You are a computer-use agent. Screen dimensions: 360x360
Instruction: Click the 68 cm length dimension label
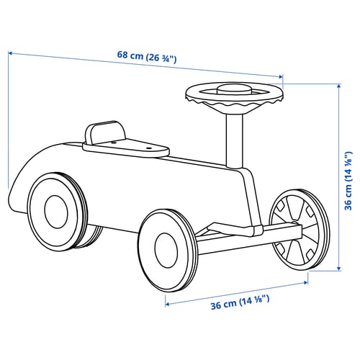point(147,57)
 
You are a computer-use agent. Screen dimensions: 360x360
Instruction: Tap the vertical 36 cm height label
point(348,181)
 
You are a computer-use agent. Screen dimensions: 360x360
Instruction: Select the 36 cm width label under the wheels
point(240,302)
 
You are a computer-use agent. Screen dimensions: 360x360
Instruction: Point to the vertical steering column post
point(235,141)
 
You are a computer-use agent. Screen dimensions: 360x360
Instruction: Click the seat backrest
point(105,132)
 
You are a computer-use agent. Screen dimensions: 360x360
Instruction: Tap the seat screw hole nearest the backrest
point(113,143)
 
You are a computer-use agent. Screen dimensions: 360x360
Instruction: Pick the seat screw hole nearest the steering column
point(149,148)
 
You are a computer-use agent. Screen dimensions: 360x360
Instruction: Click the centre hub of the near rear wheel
point(56,212)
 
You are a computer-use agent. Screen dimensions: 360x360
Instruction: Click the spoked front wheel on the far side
point(300,230)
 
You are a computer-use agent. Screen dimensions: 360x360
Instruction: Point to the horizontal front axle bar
point(250,238)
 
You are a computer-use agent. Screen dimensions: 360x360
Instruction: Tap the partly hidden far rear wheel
point(92,236)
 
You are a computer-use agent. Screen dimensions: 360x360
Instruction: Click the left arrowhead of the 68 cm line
point(10,53)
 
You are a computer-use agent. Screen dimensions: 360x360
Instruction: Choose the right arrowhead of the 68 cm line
point(280,76)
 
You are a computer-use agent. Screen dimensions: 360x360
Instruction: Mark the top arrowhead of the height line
point(339,86)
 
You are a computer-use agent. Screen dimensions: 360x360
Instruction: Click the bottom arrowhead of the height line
point(339,269)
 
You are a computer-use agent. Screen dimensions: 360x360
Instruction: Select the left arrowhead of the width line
point(167,305)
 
